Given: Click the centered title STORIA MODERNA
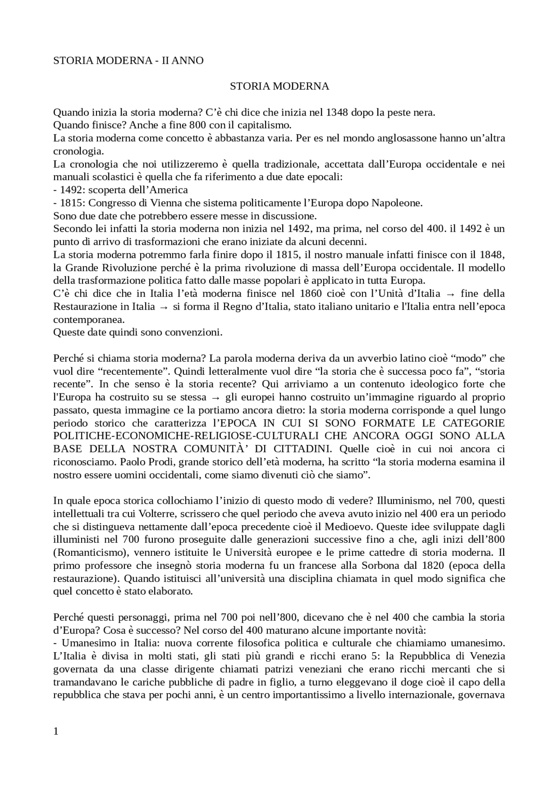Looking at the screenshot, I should click(x=279, y=86).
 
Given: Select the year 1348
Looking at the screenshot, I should click(x=337, y=113).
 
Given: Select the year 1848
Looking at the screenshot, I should click(x=492, y=255).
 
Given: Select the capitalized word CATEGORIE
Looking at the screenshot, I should click(x=474, y=423).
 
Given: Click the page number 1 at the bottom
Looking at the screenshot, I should click(x=55, y=732).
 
